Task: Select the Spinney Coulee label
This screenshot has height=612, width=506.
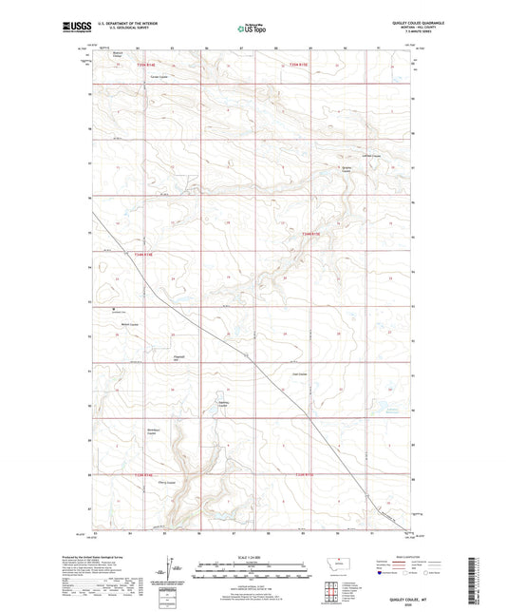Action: coord(225,404)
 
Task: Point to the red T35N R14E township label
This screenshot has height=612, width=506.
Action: coord(142,65)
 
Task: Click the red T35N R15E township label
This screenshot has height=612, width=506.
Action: coord(301,65)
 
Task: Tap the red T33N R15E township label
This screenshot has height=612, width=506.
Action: coord(305,474)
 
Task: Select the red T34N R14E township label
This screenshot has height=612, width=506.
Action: coord(143,254)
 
